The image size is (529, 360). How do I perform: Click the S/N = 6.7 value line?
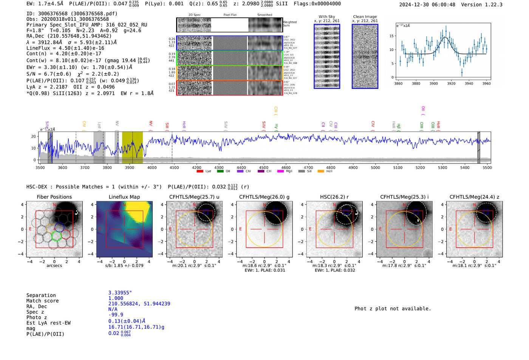(x=49, y=74)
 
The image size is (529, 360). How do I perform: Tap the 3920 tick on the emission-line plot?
(x=451, y=83)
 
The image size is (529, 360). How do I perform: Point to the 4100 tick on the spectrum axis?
(x=174, y=167)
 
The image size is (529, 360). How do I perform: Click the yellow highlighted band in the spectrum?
(x=132, y=147)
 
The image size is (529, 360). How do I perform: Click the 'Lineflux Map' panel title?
(x=124, y=197)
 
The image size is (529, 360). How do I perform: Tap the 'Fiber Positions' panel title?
(x=54, y=197)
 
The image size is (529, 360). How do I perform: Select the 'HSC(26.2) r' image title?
(x=334, y=197)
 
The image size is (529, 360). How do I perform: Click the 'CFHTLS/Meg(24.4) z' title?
(x=474, y=197)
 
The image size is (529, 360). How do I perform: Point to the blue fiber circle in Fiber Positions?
(x=59, y=227)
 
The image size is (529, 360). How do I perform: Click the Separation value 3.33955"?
(x=120, y=293)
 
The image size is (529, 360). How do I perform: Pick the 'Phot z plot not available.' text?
(x=393, y=309)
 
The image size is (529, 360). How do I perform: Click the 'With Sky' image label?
(x=327, y=17)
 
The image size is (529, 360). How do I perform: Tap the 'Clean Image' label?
(x=365, y=17)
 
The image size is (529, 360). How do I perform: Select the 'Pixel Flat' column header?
(x=230, y=15)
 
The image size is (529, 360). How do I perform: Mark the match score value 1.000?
(x=116, y=298)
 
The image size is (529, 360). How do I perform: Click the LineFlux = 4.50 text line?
(x=65, y=48)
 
